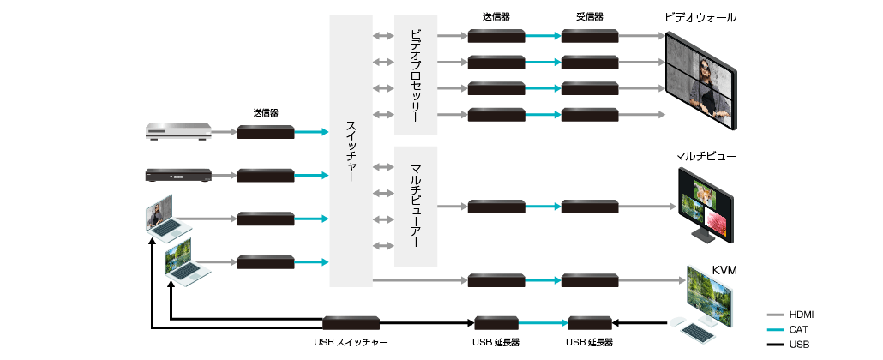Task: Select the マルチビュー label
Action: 706,155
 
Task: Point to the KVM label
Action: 724,271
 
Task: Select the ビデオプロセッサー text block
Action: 416,75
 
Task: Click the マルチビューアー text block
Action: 416,206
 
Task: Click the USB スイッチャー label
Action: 351,342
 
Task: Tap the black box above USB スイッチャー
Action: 351,323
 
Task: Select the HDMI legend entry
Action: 800,315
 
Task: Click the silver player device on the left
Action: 178,132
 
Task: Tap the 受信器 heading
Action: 590,16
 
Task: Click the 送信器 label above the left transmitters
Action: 265,112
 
